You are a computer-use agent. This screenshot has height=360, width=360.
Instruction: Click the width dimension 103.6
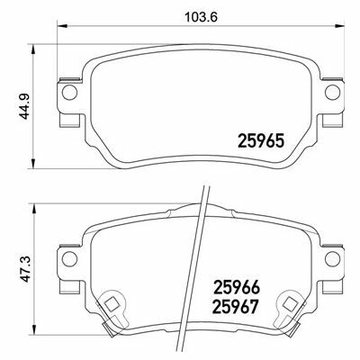click(x=201, y=17)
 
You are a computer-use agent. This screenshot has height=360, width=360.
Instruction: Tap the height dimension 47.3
click(x=25, y=269)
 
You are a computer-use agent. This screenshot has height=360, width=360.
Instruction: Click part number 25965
click(x=260, y=141)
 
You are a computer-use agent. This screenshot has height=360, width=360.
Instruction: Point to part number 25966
click(x=236, y=288)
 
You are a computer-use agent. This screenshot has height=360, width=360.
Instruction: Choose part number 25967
click(x=236, y=307)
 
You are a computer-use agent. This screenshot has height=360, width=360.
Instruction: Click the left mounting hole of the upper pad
click(x=69, y=92)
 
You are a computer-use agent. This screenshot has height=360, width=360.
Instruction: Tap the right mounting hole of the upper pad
click(x=332, y=92)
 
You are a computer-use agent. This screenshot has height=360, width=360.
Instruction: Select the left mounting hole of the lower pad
click(x=69, y=258)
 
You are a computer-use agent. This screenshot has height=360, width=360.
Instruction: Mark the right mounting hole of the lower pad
click(x=332, y=258)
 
